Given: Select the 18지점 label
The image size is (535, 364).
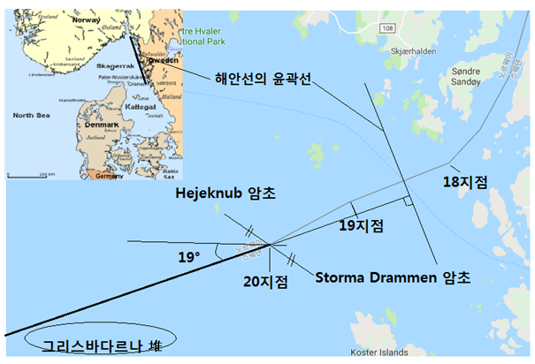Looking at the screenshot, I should tap(465, 182).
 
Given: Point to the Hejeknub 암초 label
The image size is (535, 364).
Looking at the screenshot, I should tap(226, 193).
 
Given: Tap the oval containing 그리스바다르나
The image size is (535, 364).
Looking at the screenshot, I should tap(99, 344).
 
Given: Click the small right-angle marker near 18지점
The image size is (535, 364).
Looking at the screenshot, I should tap(408, 202).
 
